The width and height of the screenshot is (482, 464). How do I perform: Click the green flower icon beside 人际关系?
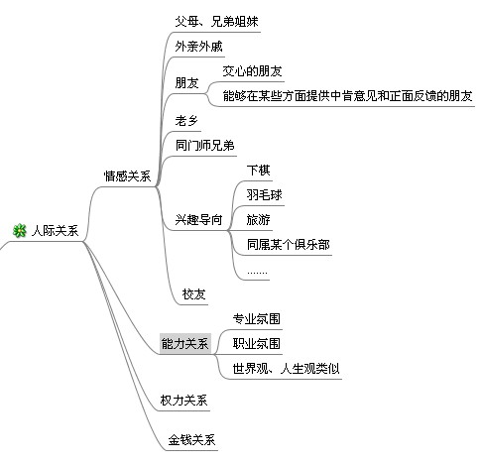click(x=20, y=230)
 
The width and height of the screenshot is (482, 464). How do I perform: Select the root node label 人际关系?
click(x=55, y=231)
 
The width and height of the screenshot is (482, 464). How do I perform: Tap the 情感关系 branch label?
click(x=127, y=175)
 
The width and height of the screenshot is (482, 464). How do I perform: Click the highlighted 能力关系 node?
click(x=185, y=344)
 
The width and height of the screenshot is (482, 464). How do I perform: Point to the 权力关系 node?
click(x=183, y=401)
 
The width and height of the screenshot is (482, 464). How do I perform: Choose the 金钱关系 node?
click(x=191, y=439)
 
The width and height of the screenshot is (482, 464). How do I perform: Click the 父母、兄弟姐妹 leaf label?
click(x=216, y=22)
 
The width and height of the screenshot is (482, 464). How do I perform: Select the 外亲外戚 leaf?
click(x=198, y=47)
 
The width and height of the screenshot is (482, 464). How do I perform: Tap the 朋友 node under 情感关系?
click(x=186, y=83)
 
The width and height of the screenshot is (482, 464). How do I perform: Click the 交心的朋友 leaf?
click(x=252, y=71)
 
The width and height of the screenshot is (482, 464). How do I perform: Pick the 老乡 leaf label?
click(x=186, y=121)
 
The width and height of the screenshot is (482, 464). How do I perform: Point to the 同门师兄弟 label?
click(x=204, y=146)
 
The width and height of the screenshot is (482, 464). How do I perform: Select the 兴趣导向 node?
click(x=198, y=219)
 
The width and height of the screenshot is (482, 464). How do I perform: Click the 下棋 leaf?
click(x=258, y=171)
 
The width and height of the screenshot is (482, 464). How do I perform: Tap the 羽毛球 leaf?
click(x=264, y=195)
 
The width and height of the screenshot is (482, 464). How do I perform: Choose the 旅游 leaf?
click(x=258, y=220)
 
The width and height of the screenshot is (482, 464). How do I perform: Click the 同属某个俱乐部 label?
click(x=288, y=245)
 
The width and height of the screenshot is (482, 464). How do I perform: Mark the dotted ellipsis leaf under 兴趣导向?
click(x=257, y=273)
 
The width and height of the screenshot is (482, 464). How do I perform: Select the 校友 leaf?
click(x=193, y=294)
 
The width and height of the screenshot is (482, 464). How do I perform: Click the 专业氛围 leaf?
click(x=257, y=319)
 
